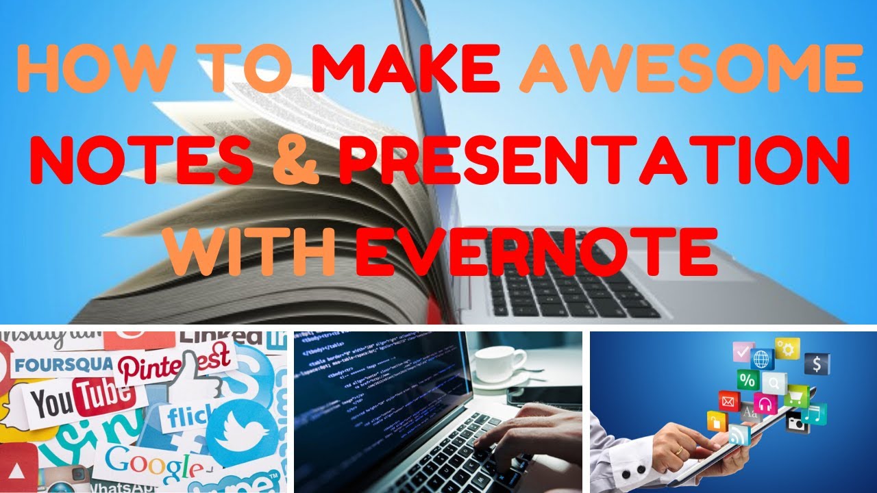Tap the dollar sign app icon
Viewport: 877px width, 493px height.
click(x=817, y=364)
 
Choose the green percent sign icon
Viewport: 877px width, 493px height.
click(x=748, y=379)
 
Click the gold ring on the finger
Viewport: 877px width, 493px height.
click(x=679, y=451)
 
